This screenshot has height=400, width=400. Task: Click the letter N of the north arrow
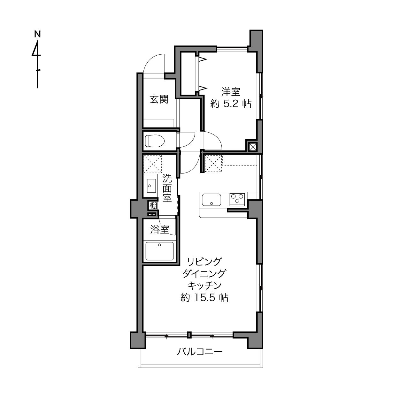point(37,34)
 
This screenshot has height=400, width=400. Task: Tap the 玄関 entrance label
point(159,99)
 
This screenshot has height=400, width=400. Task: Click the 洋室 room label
point(231,92)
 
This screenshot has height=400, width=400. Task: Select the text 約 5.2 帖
point(231,104)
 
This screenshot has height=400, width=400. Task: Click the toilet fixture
point(155,141)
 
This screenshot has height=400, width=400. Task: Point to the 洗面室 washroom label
point(167,188)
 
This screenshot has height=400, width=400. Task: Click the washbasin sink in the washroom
point(151,186)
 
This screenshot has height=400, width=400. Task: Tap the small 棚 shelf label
point(153,206)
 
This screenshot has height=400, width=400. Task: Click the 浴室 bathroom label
point(160,230)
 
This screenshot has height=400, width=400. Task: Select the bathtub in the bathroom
point(159,251)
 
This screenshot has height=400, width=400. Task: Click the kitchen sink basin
point(211,200)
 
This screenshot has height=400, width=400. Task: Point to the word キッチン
point(205,286)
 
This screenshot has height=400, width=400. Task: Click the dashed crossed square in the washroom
point(153,164)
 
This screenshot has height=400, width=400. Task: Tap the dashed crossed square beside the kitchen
point(213,164)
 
